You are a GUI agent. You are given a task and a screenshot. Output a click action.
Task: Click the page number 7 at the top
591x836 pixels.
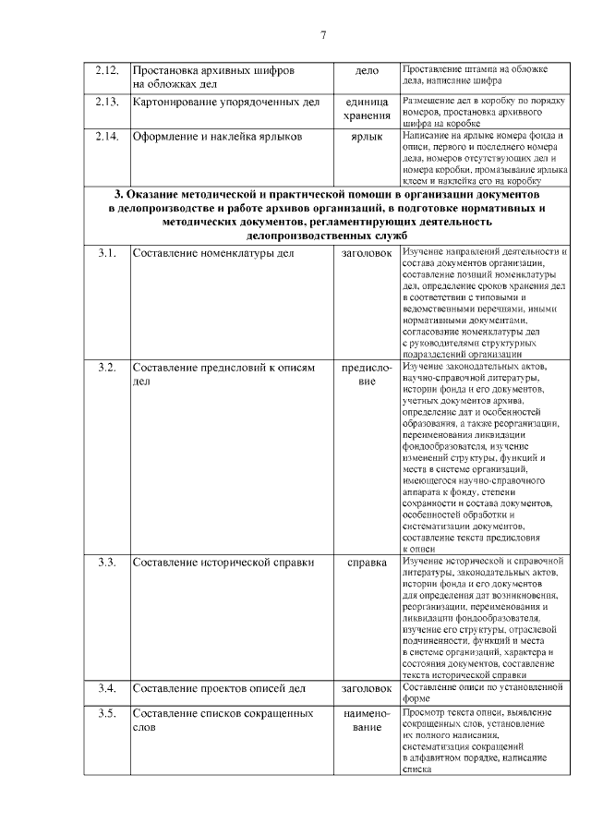323,35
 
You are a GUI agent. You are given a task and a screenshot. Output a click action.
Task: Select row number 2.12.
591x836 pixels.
106,70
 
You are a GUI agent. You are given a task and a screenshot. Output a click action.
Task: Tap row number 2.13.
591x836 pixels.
106,102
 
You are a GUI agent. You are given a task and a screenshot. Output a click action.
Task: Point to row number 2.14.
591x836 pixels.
106,137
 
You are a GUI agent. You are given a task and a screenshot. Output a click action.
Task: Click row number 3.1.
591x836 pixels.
106,253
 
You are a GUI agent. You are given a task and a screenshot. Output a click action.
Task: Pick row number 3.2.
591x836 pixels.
106,368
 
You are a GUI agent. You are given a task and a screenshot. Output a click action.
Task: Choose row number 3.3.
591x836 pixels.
106,562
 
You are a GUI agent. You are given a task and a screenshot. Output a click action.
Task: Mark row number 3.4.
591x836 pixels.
106,688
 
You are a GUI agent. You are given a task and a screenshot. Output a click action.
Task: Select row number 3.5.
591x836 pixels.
106,714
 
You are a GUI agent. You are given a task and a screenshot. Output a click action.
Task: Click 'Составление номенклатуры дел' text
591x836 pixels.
213,253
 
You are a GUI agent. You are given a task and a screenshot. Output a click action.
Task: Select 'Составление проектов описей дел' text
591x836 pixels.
219,688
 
